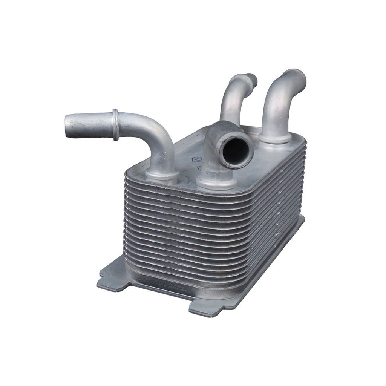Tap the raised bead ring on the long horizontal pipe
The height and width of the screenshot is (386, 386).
pos(115,124)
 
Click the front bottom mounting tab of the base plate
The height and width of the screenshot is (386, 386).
pos(205,307)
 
